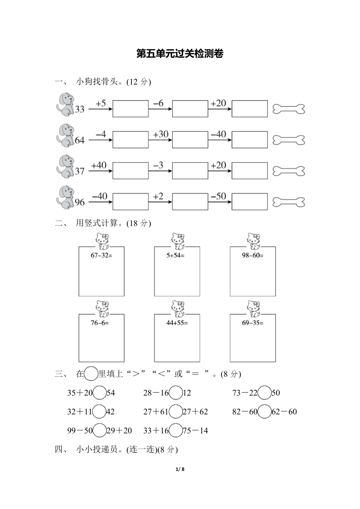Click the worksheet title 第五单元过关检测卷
tap(180, 54)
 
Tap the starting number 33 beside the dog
tap(80, 109)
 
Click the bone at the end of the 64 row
tap(289, 140)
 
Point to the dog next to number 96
tap(65, 198)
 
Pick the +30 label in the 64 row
tap(161, 134)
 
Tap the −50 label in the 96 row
tap(219, 196)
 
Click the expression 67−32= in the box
tap(101, 255)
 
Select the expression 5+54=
tap(175, 255)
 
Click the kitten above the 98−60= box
tap(254, 241)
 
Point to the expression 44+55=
tap(177, 323)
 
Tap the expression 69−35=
tap(252, 323)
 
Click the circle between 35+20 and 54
tap(100, 393)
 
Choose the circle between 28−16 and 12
tap(176, 393)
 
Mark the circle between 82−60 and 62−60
tap(265, 411)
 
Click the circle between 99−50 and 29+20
tap(100, 430)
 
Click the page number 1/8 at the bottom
tap(180, 469)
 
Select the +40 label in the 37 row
tap(99, 165)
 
